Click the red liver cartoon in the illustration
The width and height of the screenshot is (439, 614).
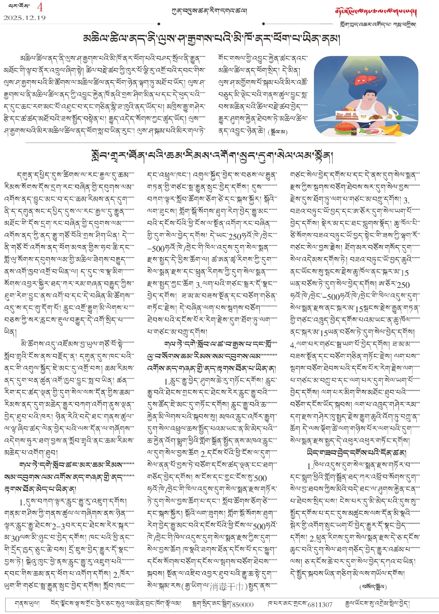[x=363, y=79]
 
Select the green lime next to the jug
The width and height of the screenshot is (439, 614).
[x=399, y=117]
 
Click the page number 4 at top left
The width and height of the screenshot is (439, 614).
[x=40, y=7]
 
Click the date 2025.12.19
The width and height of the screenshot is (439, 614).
[x=24, y=18]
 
